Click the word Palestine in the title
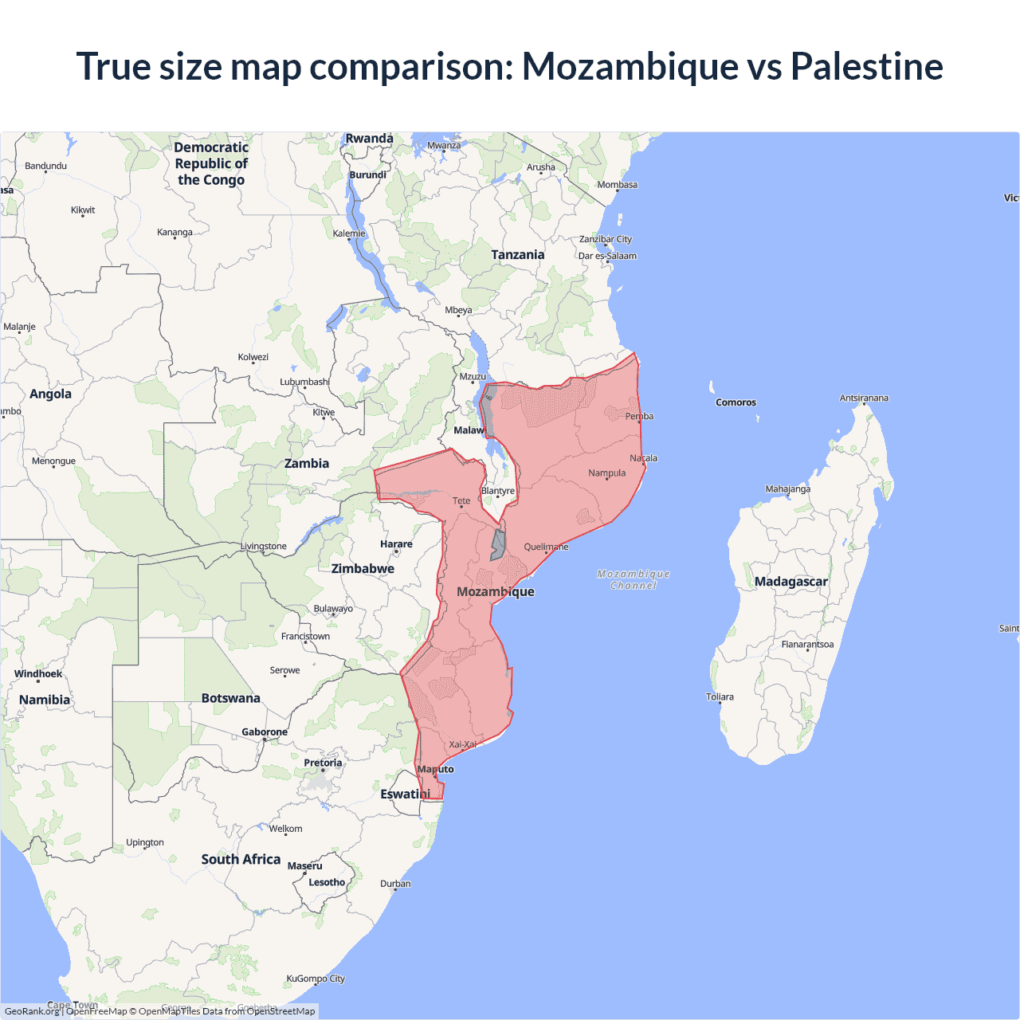pyautogui.click(x=866, y=66)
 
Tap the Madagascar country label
pyautogui.click(x=790, y=582)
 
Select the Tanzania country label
pyautogui.click(x=517, y=255)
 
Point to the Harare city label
pyautogui.click(x=396, y=544)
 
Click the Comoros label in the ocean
pyautogui.click(x=736, y=402)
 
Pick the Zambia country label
pyautogui.click(x=307, y=464)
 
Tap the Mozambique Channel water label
pyautogui.click(x=634, y=579)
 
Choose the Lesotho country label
pyautogui.click(x=327, y=882)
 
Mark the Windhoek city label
pyautogui.click(x=38, y=674)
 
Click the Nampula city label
pyautogui.click(x=606, y=473)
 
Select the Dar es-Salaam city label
pyautogui.click(x=607, y=256)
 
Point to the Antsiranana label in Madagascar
pyautogui.click(x=864, y=398)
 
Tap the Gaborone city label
pyautogui.click(x=265, y=732)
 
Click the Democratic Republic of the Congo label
pyautogui.click(x=211, y=163)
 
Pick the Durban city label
pyautogui.click(x=395, y=884)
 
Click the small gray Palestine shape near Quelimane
pyautogui.click(x=497, y=544)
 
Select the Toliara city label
pyautogui.click(x=720, y=696)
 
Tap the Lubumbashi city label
pyautogui.click(x=304, y=382)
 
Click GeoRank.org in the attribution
pyautogui.click(x=32, y=1011)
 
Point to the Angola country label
pyautogui.click(x=50, y=394)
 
